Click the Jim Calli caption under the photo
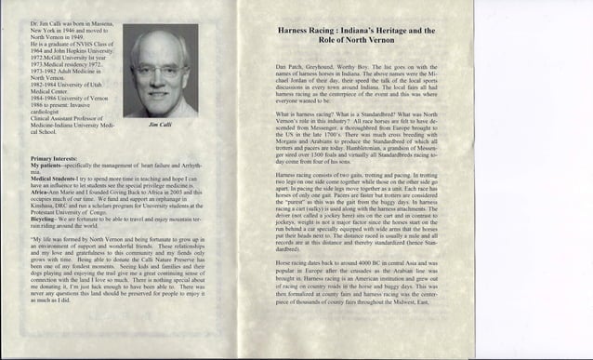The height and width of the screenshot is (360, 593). coord(160,123)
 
